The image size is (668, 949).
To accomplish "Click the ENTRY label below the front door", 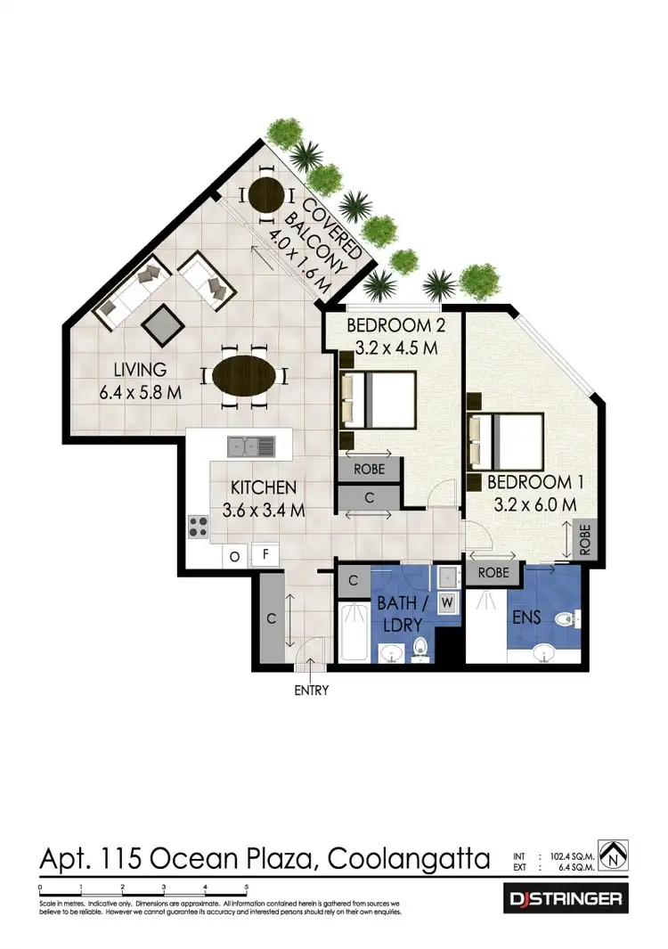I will coord(311,690).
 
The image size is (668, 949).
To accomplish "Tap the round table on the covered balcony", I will coord(265,192).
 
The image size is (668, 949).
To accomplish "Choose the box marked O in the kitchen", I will coord(235,556).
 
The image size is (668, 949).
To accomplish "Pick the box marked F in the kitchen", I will coord(265,553).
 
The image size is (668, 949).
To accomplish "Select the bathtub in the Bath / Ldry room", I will coord(354,633).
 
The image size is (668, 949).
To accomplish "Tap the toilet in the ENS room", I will coord(566,618).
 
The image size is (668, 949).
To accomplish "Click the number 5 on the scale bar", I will coord(247,888).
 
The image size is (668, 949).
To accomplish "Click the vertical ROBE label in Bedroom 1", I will coord(585,539).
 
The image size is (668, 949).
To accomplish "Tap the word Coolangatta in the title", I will coord(409,859).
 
